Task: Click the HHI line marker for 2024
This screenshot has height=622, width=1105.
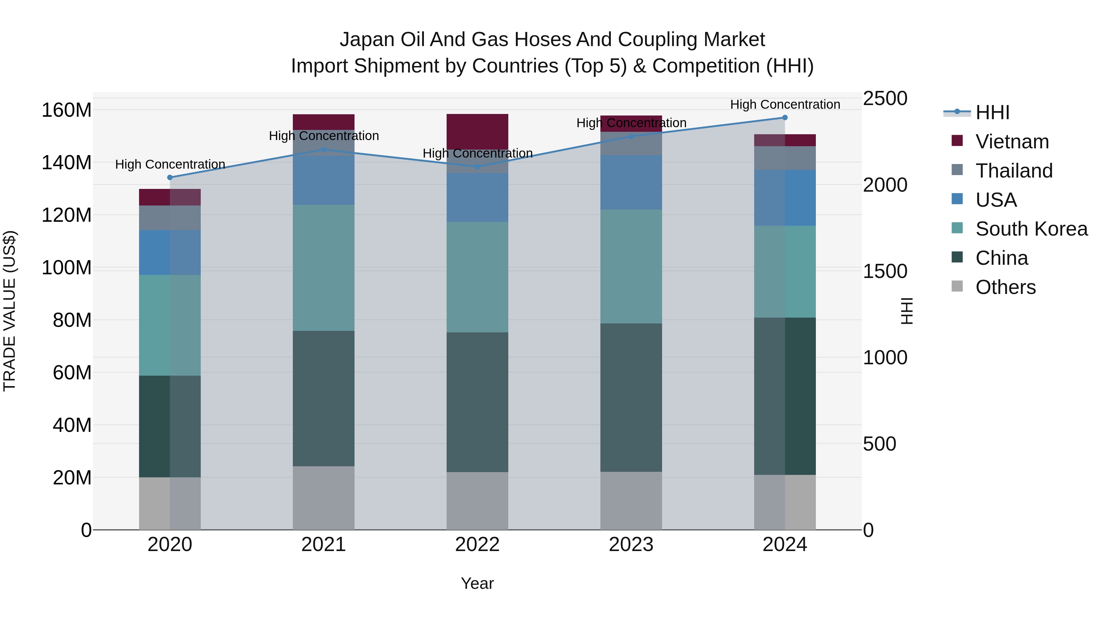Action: coord(785,118)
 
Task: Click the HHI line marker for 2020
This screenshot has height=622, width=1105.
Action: coord(170,177)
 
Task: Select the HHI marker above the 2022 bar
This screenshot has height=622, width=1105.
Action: coord(477,166)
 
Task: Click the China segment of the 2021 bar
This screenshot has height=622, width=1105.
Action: coord(324,398)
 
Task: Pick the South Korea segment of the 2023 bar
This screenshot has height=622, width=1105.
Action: coord(631,266)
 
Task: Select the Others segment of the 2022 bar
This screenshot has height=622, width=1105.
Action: coord(477,501)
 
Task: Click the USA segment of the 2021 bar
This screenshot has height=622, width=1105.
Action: coord(324,180)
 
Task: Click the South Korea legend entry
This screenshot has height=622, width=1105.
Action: coord(1031,229)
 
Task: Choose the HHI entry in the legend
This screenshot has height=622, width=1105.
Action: coord(992,112)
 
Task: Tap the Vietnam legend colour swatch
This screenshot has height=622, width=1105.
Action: coord(957,141)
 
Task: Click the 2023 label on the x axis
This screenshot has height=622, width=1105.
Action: coord(631,545)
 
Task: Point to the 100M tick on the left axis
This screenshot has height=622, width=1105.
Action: coord(67,268)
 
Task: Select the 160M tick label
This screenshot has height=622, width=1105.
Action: coord(67,110)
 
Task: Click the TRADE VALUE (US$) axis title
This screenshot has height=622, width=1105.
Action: coord(10,311)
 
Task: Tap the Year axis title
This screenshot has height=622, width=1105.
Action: coord(477,583)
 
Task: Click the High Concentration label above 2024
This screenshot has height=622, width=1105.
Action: coord(785,104)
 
